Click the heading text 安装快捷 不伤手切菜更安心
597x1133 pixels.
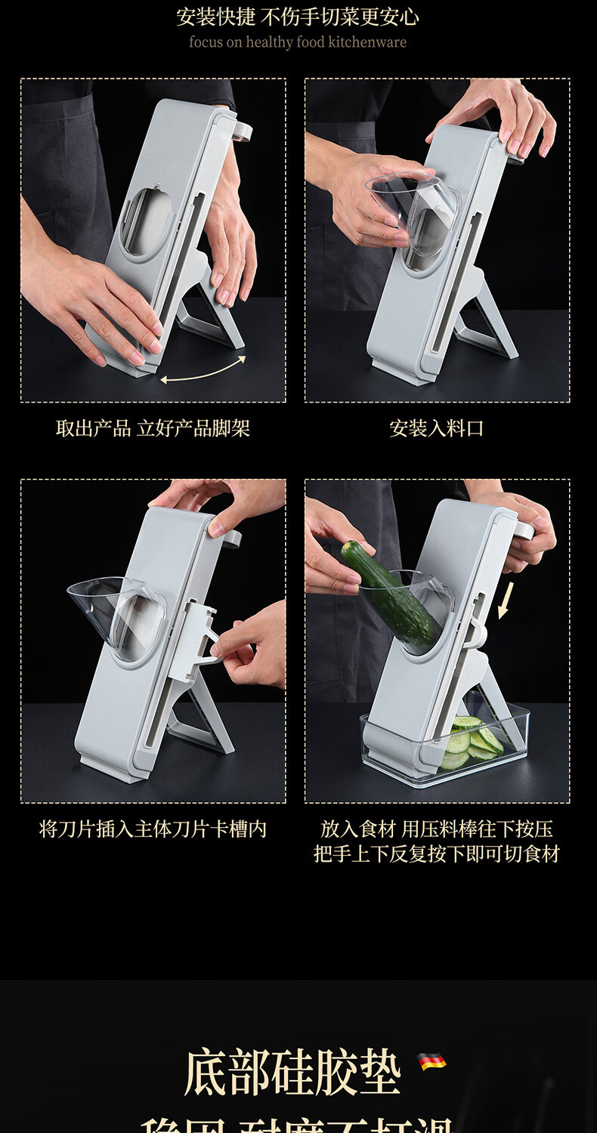pyautogui.click(x=297, y=17)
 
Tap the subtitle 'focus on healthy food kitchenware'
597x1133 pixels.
pyautogui.click(x=297, y=42)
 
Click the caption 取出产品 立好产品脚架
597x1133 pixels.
pyautogui.click(x=153, y=429)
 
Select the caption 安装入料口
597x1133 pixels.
pyautogui.click(x=436, y=429)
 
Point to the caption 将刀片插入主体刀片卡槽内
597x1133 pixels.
pyautogui.click(x=153, y=829)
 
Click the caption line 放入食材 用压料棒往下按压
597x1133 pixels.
pyautogui.click(x=436, y=829)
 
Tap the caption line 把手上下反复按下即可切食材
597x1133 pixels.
pyautogui.click(x=436, y=854)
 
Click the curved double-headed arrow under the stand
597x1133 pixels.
pyautogui.click(x=203, y=370)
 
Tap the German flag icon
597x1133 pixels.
pyautogui.click(x=432, y=1061)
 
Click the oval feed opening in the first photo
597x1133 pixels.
pyautogui.click(x=146, y=221)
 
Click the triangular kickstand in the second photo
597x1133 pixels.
pyautogui.click(x=487, y=325)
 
